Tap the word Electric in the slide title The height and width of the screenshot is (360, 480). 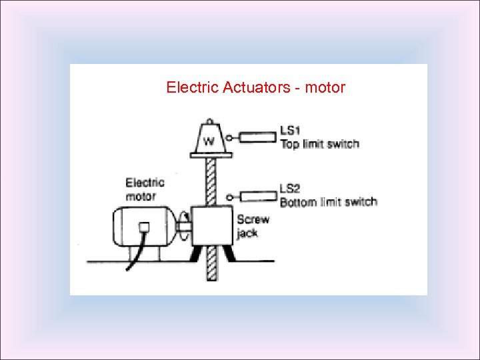click(187, 87)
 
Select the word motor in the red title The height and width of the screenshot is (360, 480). click(325, 87)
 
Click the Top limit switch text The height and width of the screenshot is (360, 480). click(319, 144)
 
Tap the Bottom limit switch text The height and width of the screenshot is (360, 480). click(328, 202)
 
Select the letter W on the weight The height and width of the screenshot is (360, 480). click(209, 141)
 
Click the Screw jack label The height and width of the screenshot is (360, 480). click(253, 226)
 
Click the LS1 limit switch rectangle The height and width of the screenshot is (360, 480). click(257, 137)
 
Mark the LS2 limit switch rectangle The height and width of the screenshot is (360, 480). click(257, 197)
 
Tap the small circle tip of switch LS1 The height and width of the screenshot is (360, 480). click(229, 138)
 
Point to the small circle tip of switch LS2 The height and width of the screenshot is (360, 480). click(229, 197)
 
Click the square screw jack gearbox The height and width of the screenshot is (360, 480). click(211, 225)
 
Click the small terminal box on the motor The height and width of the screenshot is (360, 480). click(145, 227)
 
